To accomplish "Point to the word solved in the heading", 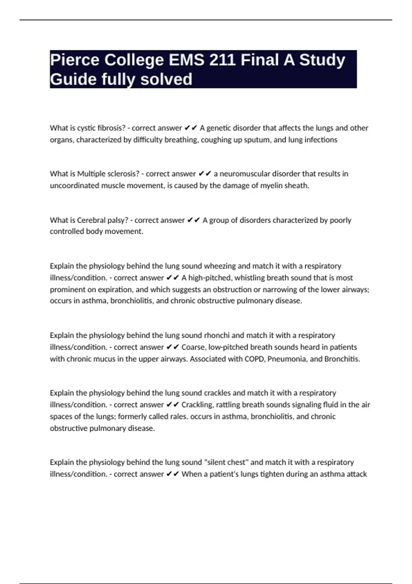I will point(167,79).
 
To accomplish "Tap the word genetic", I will point(218,128).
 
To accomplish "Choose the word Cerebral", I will point(91,220).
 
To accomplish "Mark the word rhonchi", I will point(217,335).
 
